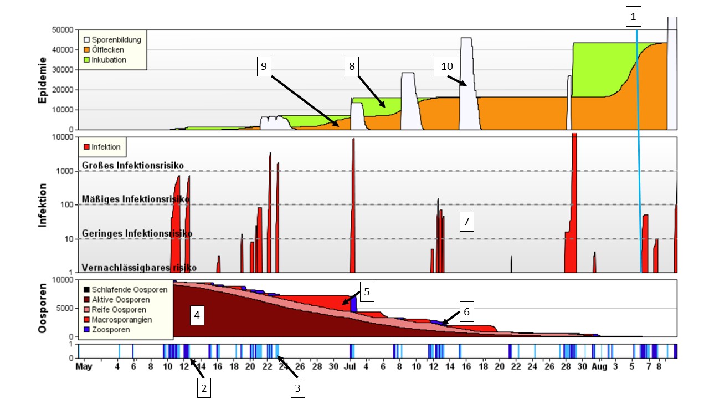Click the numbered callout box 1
pyautogui.click(x=633, y=17)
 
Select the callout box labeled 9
pyautogui.click(x=264, y=66)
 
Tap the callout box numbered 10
pyautogui.click(x=446, y=66)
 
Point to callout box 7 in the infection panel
pyautogui.click(x=466, y=222)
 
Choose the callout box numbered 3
pyautogui.click(x=297, y=388)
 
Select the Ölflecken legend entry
pyautogui.click(x=109, y=50)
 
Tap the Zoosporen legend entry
pyautogui.click(x=111, y=330)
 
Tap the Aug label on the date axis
pyautogui.click(x=599, y=367)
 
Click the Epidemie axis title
pyautogui.click(x=43, y=80)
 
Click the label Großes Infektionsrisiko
pyautogui.click(x=133, y=165)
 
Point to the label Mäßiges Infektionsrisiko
pyautogui.click(x=136, y=198)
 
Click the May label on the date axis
pyautogui.click(x=84, y=367)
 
